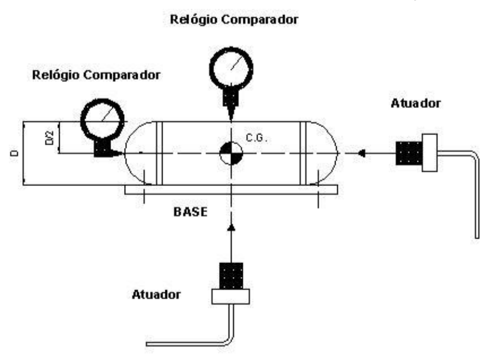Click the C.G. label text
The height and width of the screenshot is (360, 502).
click(256, 138)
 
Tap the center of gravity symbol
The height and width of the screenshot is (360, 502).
click(231, 153)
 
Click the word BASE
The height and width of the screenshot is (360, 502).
click(190, 212)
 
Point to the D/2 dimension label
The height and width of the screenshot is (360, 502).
click(50, 138)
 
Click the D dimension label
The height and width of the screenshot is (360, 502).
click(15, 153)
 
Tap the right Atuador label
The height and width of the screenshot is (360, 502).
click(416, 104)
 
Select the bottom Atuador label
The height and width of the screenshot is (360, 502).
click(156, 294)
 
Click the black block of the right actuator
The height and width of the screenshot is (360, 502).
click(409, 153)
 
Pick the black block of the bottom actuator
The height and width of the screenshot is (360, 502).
click(231, 276)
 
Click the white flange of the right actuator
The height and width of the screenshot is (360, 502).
click(430, 153)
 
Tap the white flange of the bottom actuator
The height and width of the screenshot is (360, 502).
click(230, 297)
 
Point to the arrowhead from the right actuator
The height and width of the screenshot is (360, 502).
click(362, 153)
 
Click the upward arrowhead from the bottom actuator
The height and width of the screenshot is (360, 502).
click(231, 227)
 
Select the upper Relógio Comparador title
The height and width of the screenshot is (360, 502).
click(234, 20)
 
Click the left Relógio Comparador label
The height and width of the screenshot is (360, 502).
click(96, 75)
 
